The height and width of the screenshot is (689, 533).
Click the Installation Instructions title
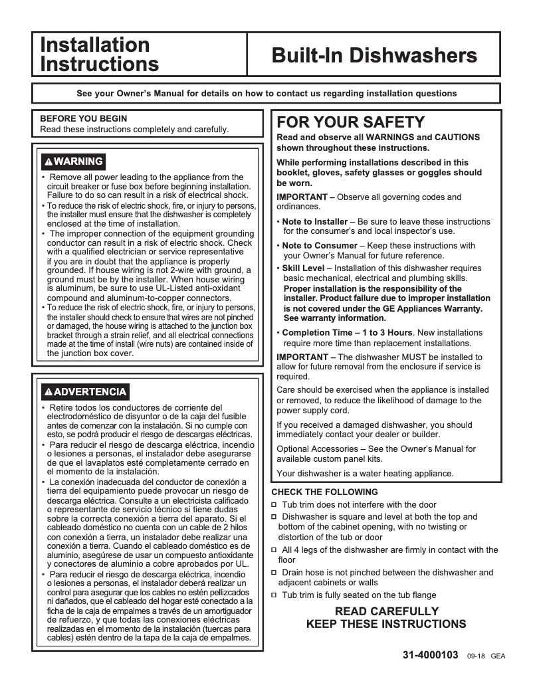(x=99, y=54)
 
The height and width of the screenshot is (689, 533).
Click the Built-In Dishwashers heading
(x=374, y=55)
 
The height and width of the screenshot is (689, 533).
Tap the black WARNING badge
(x=73, y=161)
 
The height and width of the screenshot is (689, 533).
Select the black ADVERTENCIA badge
(x=84, y=391)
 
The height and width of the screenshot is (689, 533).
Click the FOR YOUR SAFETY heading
(x=350, y=122)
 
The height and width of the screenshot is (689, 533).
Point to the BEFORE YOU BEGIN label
(x=84, y=119)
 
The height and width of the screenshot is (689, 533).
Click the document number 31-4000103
(x=430, y=654)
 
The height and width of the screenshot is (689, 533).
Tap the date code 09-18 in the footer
(x=476, y=656)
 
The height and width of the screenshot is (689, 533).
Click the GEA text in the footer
(x=498, y=656)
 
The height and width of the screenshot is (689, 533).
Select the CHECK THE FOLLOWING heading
(x=324, y=492)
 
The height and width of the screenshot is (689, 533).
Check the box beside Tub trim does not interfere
(x=274, y=505)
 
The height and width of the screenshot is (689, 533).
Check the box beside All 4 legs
(x=274, y=550)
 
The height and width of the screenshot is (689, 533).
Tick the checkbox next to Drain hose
(x=274, y=573)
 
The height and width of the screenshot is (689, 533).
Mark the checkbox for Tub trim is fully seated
(x=274, y=595)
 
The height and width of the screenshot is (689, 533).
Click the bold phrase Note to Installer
(x=314, y=221)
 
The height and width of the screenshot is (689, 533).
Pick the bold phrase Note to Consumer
(x=317, y=245)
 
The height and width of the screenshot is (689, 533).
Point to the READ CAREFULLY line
(x=386, y=611)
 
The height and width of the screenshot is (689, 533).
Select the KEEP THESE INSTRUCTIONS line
(x=386, y=625)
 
